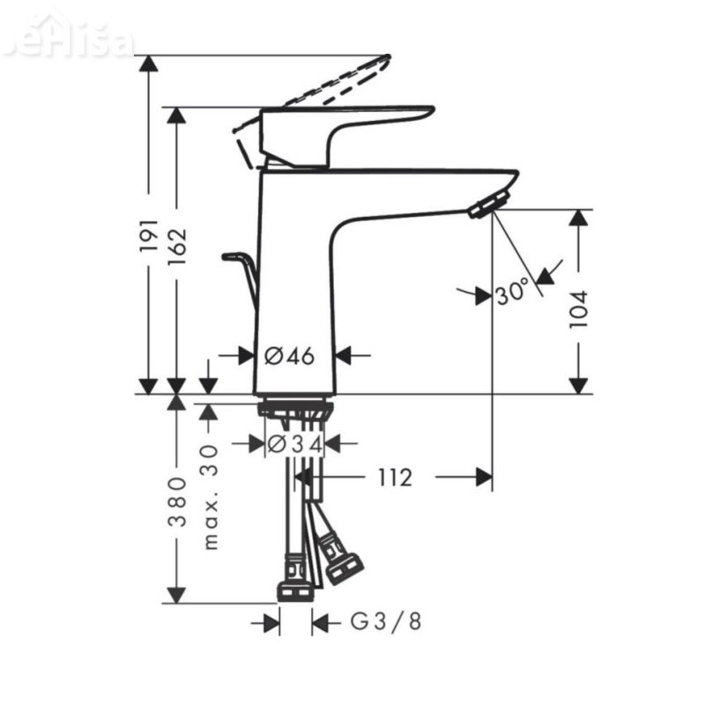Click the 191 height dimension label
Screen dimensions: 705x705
click(149, 235)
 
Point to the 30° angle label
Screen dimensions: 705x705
click(511, 291)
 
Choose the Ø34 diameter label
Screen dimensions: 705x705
click(294, 443)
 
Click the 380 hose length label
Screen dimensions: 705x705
click(177, 501)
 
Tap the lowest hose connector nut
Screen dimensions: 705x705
click(294, 590)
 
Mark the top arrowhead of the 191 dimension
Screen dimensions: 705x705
click(149, 63)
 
